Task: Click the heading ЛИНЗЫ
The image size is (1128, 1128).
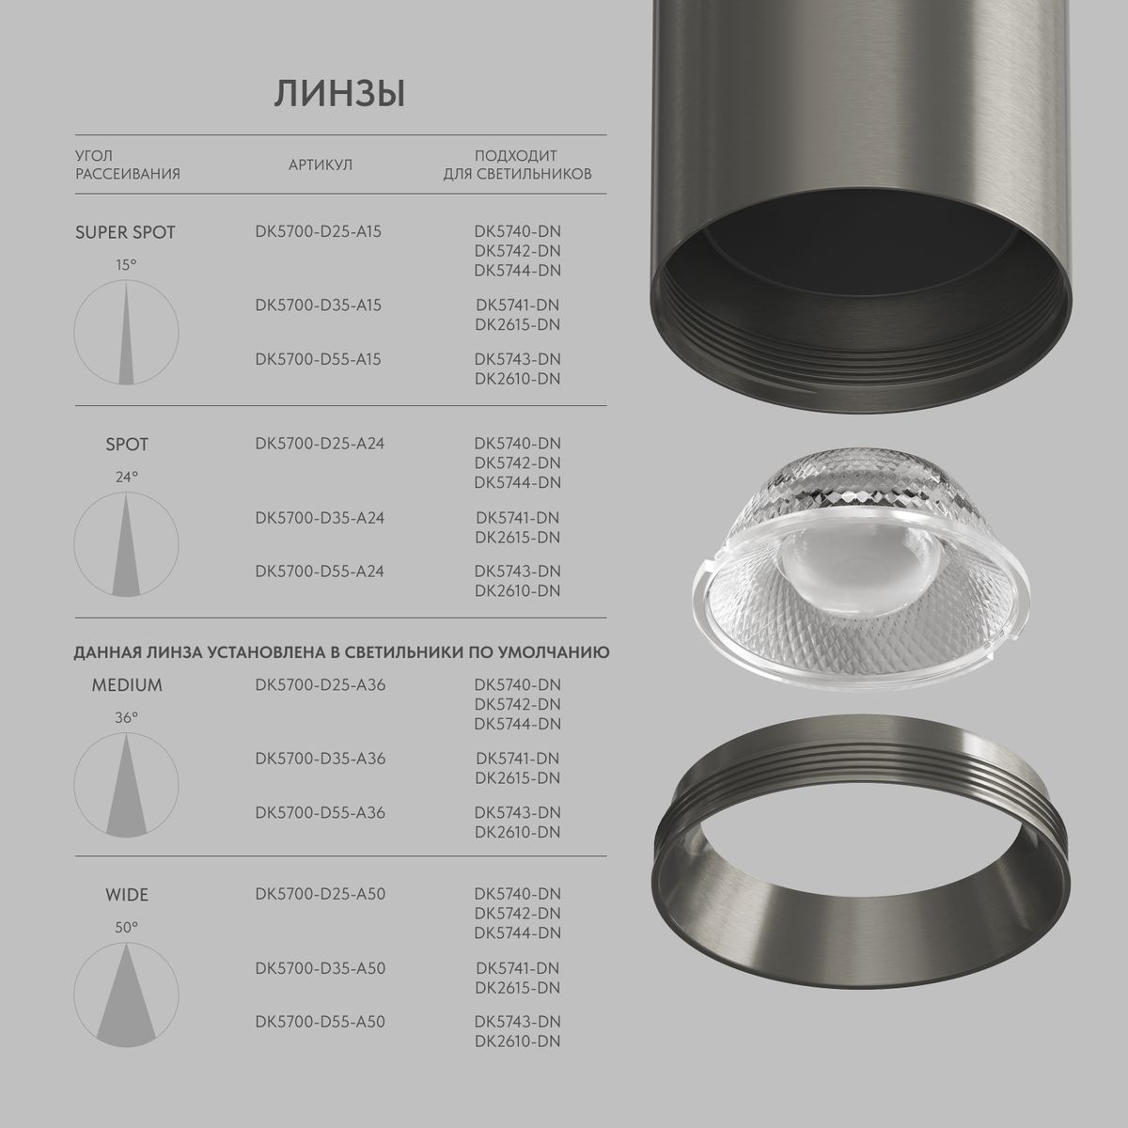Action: (339, 95)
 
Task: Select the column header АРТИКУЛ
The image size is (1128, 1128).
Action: (320, 165)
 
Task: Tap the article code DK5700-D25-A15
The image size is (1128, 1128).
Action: (318, 230)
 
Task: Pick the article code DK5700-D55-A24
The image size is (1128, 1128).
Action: (319, 572)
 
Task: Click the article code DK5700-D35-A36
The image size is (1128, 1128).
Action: (319, 759)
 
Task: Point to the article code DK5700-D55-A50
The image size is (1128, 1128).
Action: (319, 1022)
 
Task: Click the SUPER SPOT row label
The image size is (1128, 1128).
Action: (125, 232)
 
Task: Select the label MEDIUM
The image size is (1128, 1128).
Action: (127, 685)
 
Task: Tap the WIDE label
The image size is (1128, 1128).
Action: (127, 895)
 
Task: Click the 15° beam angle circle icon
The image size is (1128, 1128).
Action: (126, 333)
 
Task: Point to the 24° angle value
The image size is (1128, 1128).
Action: (127, 477)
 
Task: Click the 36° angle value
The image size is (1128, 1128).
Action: (127, 717)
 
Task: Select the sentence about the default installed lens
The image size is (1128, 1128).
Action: (342, 651)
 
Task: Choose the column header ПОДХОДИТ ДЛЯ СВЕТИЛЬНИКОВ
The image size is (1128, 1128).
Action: (517, 164)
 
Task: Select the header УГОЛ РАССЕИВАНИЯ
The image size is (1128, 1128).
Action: (127, 164)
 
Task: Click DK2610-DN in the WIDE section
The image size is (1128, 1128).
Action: (517, 1042)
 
